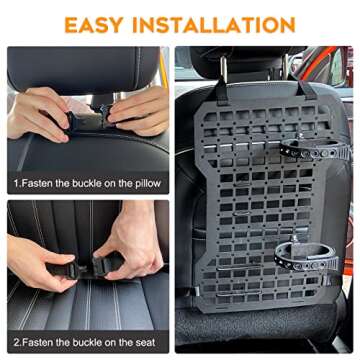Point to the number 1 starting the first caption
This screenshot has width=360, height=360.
tap(16, 184)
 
